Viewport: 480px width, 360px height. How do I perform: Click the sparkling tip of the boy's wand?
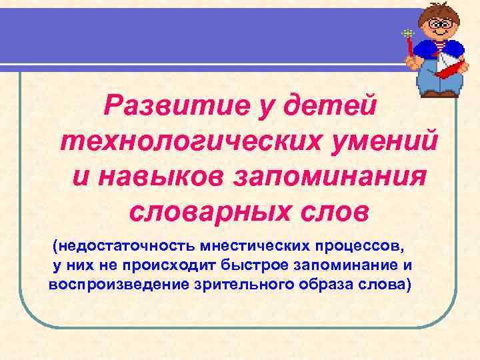pyautogui.click(x=407, y=33)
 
